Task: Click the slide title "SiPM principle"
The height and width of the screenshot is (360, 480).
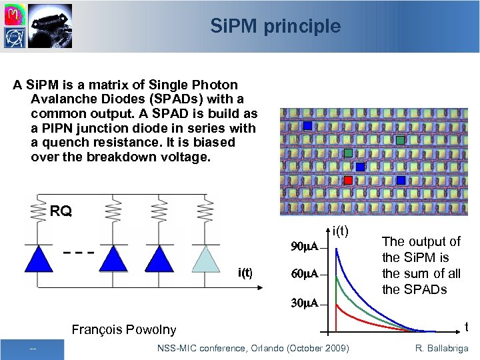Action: (275, 27)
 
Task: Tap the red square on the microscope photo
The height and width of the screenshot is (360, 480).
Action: (348, 180)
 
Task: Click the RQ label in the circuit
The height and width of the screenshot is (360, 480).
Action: (61, 212)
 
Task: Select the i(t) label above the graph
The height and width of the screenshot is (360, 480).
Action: (341, 231)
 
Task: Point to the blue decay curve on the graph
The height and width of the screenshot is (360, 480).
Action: (360, 280)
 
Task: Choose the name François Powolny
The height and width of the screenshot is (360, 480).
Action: (123, 329)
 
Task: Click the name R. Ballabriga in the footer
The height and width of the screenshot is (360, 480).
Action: (441, 349)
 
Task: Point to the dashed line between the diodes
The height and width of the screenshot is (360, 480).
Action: (77, 253)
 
